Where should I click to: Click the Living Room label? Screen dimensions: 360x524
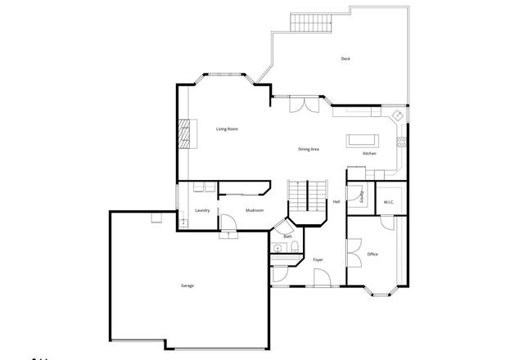(227, 129)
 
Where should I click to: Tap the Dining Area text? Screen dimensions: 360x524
(308, 149)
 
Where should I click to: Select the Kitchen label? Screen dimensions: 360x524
(369, 154)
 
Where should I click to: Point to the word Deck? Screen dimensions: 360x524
(346, 59)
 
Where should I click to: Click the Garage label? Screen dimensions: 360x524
(187, 286)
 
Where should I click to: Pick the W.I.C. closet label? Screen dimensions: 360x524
(389, 202)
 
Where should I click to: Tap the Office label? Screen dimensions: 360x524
(373, 254)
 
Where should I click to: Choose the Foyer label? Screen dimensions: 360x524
(318, 260)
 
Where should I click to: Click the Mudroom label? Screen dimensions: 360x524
(255, 211)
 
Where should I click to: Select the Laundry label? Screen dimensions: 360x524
(203, 211)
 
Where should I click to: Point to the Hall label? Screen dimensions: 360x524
(336, 202)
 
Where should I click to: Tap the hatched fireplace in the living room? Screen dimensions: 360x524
(188, 134)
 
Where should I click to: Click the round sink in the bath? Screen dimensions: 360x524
(278, 247)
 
